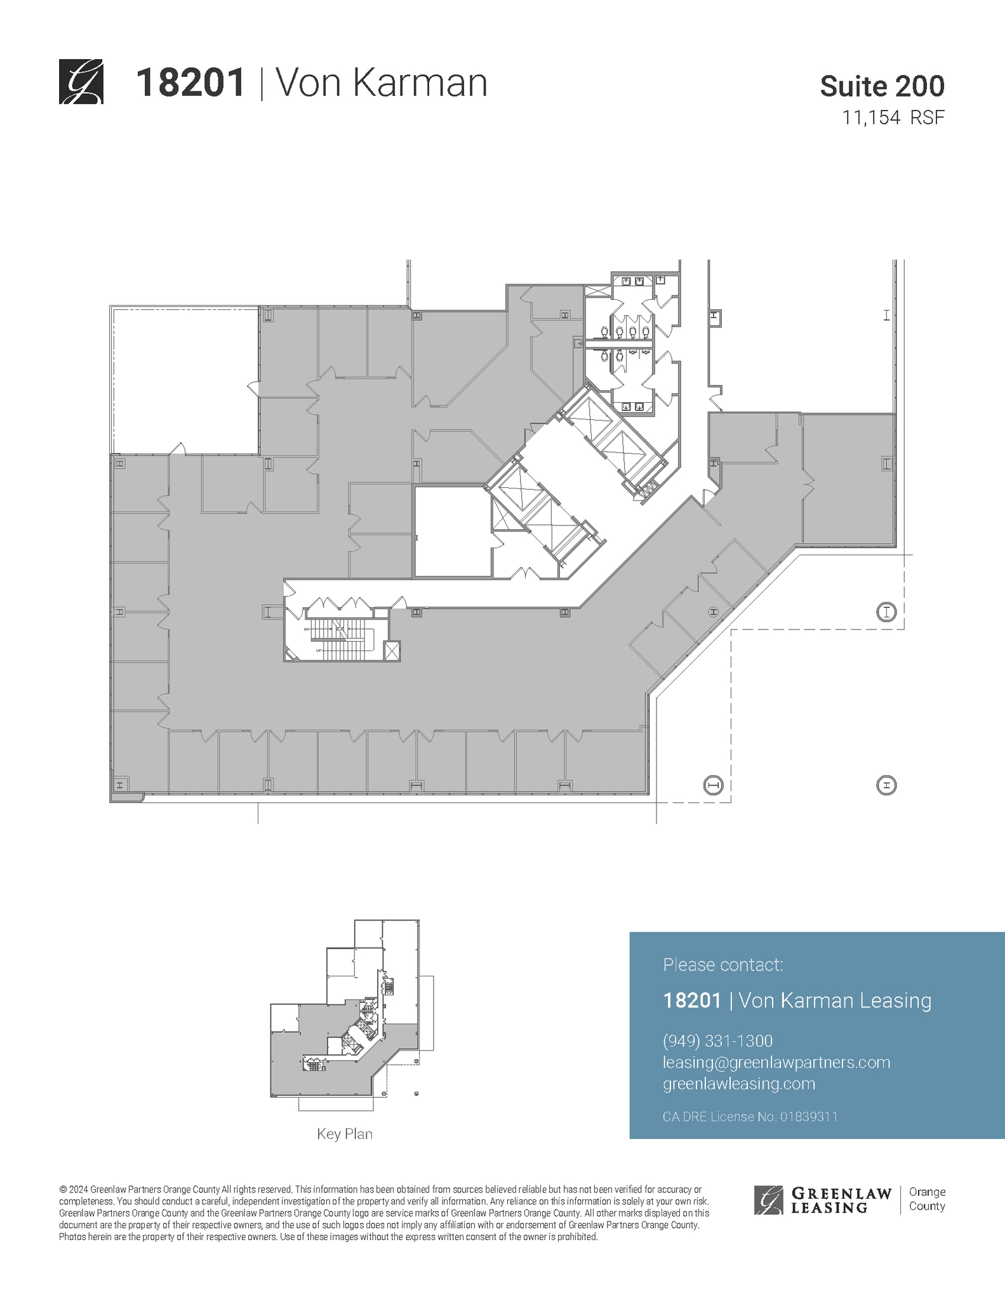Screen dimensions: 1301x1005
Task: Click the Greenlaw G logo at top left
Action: point(81,82)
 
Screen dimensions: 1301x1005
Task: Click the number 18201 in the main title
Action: point(190,83)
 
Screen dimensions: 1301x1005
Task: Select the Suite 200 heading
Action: point(882,86)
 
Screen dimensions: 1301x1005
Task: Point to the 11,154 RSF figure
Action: point(893,118)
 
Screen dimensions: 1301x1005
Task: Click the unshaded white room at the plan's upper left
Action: point(185,381)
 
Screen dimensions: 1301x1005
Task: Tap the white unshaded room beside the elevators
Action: point(452,531)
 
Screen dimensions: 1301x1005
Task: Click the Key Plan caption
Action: point(345,1134)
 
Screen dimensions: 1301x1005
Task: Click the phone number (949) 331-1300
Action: point(717,1041)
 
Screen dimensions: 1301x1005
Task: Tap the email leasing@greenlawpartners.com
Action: point(776,1062)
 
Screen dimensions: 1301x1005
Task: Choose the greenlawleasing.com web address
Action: point(738,1083)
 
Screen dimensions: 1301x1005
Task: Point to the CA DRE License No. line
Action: point(750,1116)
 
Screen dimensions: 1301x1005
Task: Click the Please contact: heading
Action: point(722,965)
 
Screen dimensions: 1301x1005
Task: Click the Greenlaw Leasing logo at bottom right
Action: point(823,1200)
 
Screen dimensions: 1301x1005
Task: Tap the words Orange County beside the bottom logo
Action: point(927,1199)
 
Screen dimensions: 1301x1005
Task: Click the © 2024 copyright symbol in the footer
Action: point(63,1189)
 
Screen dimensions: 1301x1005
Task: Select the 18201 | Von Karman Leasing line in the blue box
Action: point(797,1001)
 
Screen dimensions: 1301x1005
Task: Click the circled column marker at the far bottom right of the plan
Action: point(886,786)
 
